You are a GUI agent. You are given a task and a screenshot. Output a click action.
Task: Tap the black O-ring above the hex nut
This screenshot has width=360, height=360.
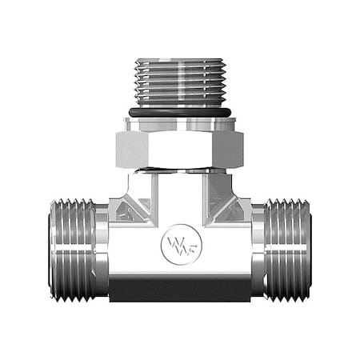(180, 113)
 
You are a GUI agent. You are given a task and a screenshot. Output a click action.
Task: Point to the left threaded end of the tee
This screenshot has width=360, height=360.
(72, 250)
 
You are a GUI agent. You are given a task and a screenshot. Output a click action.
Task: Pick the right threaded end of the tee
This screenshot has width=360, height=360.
(287, 250)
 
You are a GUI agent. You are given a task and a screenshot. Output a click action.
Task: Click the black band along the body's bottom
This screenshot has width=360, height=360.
(180, 289)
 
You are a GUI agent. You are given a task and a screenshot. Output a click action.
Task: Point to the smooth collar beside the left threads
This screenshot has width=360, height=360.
(102, 250)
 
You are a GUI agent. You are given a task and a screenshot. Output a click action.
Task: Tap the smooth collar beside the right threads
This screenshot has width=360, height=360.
(258, 250)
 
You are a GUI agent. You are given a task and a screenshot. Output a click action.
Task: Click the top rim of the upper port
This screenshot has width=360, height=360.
(180, 60)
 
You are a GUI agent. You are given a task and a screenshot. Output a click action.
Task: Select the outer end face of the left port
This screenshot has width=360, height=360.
(51, 250)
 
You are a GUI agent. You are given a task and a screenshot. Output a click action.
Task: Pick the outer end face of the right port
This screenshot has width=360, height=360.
(309, 250)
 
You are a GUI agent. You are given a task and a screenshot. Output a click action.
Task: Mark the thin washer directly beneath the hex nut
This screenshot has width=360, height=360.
(180, 170)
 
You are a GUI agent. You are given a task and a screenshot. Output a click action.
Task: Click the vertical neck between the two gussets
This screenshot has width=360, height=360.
(180, 196)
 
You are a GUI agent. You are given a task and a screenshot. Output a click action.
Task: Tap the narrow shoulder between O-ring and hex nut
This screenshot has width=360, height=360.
(180, 123)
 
